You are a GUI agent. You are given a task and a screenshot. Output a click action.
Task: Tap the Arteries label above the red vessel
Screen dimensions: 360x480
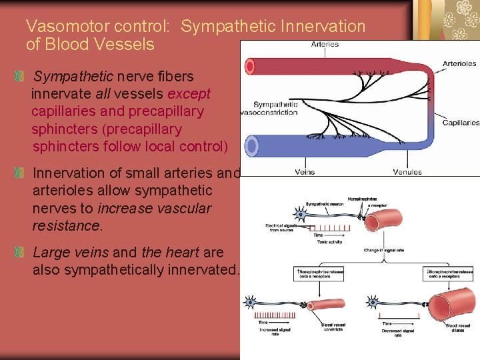pos(325,45)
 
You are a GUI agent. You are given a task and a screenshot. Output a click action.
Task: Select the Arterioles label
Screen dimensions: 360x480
pos(459,64)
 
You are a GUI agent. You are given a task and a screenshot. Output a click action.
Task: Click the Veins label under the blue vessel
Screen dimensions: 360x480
pos(305,172)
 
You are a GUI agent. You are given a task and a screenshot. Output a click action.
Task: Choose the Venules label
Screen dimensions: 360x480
pos(407,172)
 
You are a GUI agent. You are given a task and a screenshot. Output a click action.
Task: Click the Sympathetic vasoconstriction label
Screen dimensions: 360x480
pos(275,108)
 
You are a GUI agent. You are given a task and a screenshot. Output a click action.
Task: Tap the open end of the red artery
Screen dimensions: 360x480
pos(251,66)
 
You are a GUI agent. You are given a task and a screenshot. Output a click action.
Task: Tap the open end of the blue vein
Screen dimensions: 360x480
pos(251,145)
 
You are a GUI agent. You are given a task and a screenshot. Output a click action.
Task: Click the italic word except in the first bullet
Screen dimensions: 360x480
pos(188,94)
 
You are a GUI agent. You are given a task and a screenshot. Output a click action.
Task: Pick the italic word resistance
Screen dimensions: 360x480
pos(67,225)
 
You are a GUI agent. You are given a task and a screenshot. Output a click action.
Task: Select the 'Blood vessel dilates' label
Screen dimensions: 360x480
pos(457,327)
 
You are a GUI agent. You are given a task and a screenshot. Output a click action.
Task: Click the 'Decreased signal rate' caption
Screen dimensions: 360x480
pos(398,333)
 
